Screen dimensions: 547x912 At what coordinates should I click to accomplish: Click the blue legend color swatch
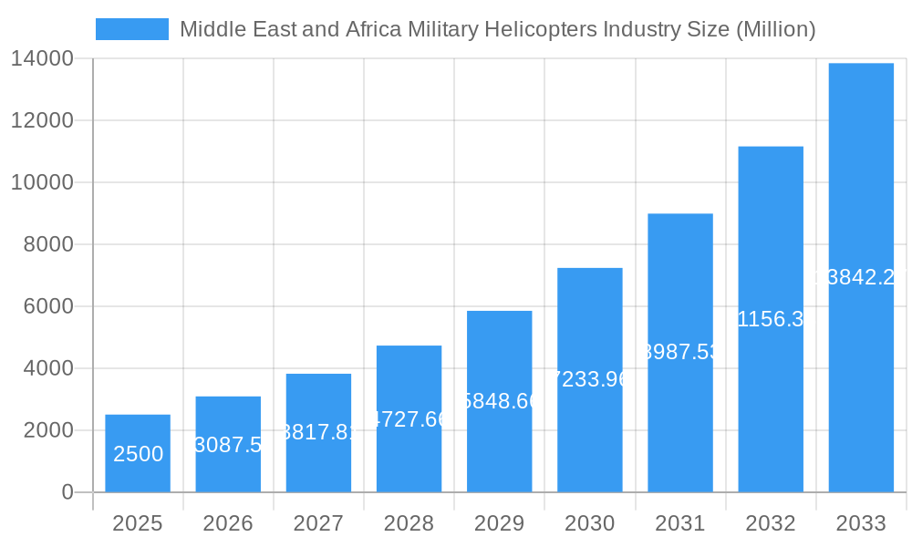point(132,29)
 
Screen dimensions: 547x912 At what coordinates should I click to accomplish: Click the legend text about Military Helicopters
point(497,29)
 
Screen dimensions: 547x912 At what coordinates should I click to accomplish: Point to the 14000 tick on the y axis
point(42,58)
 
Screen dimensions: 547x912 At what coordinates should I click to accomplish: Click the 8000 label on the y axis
point(48,244)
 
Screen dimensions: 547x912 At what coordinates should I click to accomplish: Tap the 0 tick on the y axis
point(67,492)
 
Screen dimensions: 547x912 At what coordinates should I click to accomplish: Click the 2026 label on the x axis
point(228,523)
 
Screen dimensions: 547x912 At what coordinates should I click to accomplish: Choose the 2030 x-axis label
point(590,523)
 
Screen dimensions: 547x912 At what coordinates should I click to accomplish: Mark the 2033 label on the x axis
point(861,523)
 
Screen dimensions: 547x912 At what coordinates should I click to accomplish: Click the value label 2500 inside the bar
point(138,454)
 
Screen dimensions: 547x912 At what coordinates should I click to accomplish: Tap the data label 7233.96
point(590,379)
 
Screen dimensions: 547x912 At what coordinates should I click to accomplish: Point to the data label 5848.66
point(500,401)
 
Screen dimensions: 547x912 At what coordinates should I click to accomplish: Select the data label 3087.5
point(228,445)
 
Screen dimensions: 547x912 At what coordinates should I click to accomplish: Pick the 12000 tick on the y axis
point(42,120)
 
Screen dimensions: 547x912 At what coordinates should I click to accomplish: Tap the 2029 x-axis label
point(500,523)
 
